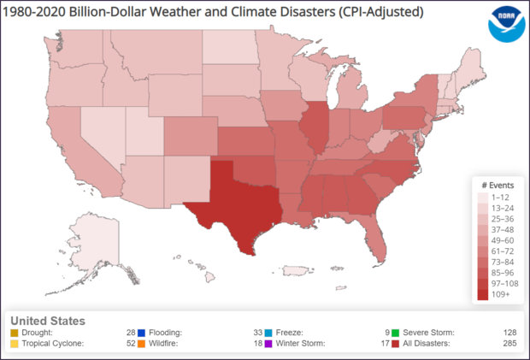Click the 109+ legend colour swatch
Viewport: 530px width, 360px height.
coord(484,294)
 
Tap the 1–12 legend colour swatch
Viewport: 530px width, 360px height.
coord(484,195)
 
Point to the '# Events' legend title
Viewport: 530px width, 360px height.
coord(495,185)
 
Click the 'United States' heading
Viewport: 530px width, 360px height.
coord(46,321)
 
